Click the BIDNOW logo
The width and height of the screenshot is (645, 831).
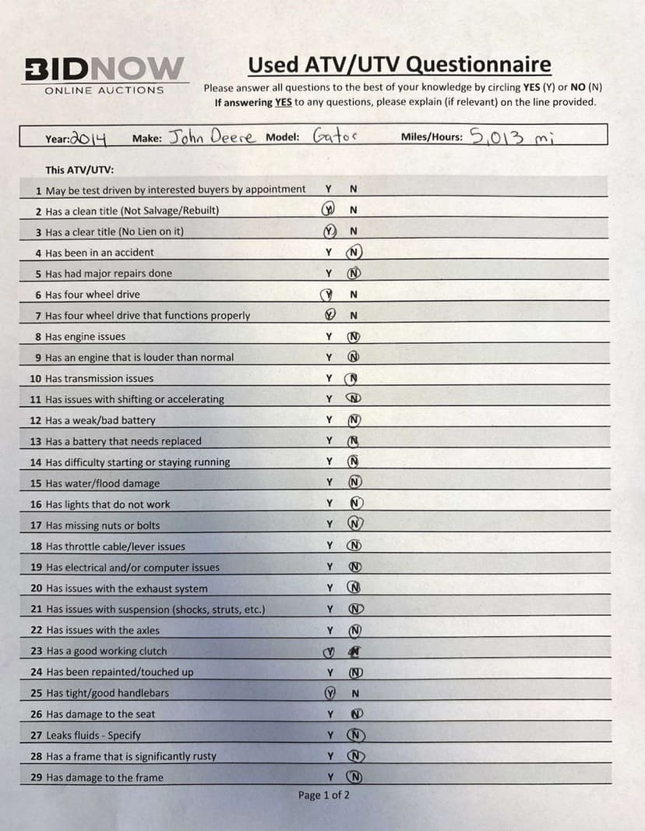coord(104,68)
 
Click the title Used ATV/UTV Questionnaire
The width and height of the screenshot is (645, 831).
coord(399,65)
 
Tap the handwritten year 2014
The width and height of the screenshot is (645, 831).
coord(88,138)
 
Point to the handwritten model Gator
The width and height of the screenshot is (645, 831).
coord(334,136)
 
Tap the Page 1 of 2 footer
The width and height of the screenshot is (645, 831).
coord(323,795)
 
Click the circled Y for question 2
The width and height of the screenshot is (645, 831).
coord(330,210)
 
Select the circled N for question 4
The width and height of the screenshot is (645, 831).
coord(355,252)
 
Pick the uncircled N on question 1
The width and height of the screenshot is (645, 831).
coord(354,189)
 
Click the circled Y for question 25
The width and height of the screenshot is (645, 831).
coord(330,693)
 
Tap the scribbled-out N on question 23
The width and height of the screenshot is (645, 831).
coord(355,651)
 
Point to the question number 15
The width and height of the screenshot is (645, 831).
coord(35,483)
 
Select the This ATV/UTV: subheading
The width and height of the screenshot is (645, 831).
coord(79,169)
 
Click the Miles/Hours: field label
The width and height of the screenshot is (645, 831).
coord(431,137)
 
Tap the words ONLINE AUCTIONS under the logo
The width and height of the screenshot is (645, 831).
coord(104,90)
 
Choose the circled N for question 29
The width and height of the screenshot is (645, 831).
coord(355,777)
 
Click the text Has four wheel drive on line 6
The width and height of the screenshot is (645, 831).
coord(92,295)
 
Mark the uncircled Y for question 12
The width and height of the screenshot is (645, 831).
coord(330,420)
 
